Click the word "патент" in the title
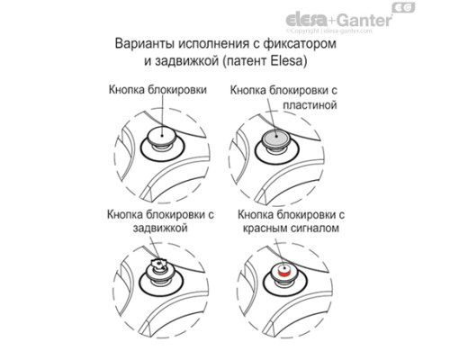(x=245, y=61)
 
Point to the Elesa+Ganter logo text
(x=339, y=21)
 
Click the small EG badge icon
(x=404, y=7)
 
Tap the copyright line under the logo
(x=328, y=31)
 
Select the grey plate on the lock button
(x=275, y=139)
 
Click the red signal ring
(x=284, y=274)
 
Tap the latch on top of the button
(x=159, y=263)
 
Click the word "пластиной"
(x=310, y=105)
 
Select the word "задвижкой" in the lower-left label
(x=160, y=228)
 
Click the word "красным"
(x=263, y=229)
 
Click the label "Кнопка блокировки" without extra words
(x=157, y=90)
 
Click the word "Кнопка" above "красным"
(x=256, y=215)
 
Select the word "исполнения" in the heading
(x=213, y=44)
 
